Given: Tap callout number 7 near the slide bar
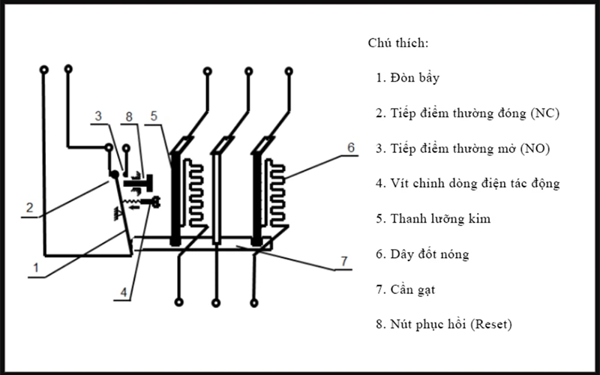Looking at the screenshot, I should (344, 261).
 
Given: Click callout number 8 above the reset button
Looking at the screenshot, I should (129, 116).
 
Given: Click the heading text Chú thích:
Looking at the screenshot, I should (398, 42).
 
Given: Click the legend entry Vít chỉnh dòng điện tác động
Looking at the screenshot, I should (475, 184).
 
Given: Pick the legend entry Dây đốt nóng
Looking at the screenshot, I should (429, 254).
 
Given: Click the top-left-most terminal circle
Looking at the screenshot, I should (44, 70).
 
